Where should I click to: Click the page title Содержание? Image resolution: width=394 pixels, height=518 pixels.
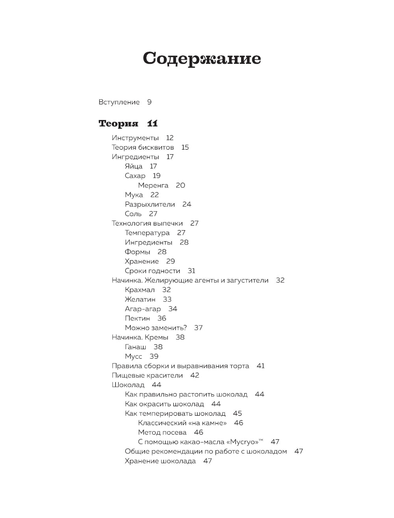201,58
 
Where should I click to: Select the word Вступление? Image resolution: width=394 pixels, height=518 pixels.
119,102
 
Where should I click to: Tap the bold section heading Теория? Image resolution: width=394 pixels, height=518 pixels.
118,124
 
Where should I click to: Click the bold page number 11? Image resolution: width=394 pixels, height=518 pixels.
152,124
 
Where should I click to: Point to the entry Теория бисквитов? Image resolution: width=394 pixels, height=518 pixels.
143,148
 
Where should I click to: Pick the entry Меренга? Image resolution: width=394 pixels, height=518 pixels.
153,185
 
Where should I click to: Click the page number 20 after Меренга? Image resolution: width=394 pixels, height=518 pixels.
180,185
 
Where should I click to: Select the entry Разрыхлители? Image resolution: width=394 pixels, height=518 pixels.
150,204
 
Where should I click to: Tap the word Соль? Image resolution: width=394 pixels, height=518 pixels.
133,214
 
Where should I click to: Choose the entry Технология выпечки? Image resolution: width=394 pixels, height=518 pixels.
147,223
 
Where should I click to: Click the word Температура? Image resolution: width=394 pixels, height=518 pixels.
147,233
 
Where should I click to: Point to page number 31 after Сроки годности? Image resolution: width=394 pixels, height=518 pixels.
191,271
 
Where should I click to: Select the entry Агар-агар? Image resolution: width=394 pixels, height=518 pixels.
143,309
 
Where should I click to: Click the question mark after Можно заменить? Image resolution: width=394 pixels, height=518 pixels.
185,328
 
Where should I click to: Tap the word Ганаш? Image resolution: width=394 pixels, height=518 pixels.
136,347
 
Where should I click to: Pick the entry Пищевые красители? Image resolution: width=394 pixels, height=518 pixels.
147,376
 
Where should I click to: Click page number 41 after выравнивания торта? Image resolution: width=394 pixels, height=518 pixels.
261,366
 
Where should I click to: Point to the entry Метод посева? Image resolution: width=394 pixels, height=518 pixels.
162,433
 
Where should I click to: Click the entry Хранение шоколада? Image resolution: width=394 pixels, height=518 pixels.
160,461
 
